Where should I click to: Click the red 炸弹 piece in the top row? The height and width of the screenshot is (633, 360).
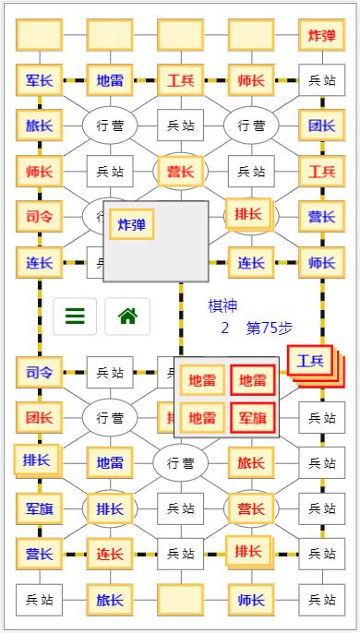(x=321, y=36)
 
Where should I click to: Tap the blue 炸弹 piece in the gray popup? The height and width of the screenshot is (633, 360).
(x=131, y=224)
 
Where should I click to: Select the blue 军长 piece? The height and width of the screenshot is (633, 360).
(x=39, y=80)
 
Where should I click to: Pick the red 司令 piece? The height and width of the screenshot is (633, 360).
(x=39, y=217)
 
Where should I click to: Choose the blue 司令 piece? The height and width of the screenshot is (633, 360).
(x=39, y=373)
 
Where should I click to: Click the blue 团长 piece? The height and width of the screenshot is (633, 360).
(x=321, y=125)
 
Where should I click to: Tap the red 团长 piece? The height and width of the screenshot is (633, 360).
(x=39, y=417)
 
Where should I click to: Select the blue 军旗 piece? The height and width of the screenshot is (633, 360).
(x=39, y=508)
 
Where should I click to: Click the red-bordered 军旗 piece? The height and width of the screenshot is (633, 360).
(x=252, y=418)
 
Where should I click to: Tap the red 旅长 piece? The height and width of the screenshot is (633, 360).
(x=251, y=462)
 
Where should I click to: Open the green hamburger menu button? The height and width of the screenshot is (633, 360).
(x=75, y=316)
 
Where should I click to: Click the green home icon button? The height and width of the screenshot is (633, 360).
(x=127, y=316)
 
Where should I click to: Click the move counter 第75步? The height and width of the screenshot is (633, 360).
(x=270, y=328)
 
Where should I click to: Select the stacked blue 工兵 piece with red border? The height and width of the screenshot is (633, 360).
(x=309, y=361)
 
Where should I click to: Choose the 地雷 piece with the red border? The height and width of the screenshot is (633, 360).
(x=252, y=380)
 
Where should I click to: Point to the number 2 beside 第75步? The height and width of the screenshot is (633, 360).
(x=224, y=328)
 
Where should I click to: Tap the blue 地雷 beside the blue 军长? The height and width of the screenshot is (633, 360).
(x=110, y=80)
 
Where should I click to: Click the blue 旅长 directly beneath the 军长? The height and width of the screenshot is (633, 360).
(x=39, y=125)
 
